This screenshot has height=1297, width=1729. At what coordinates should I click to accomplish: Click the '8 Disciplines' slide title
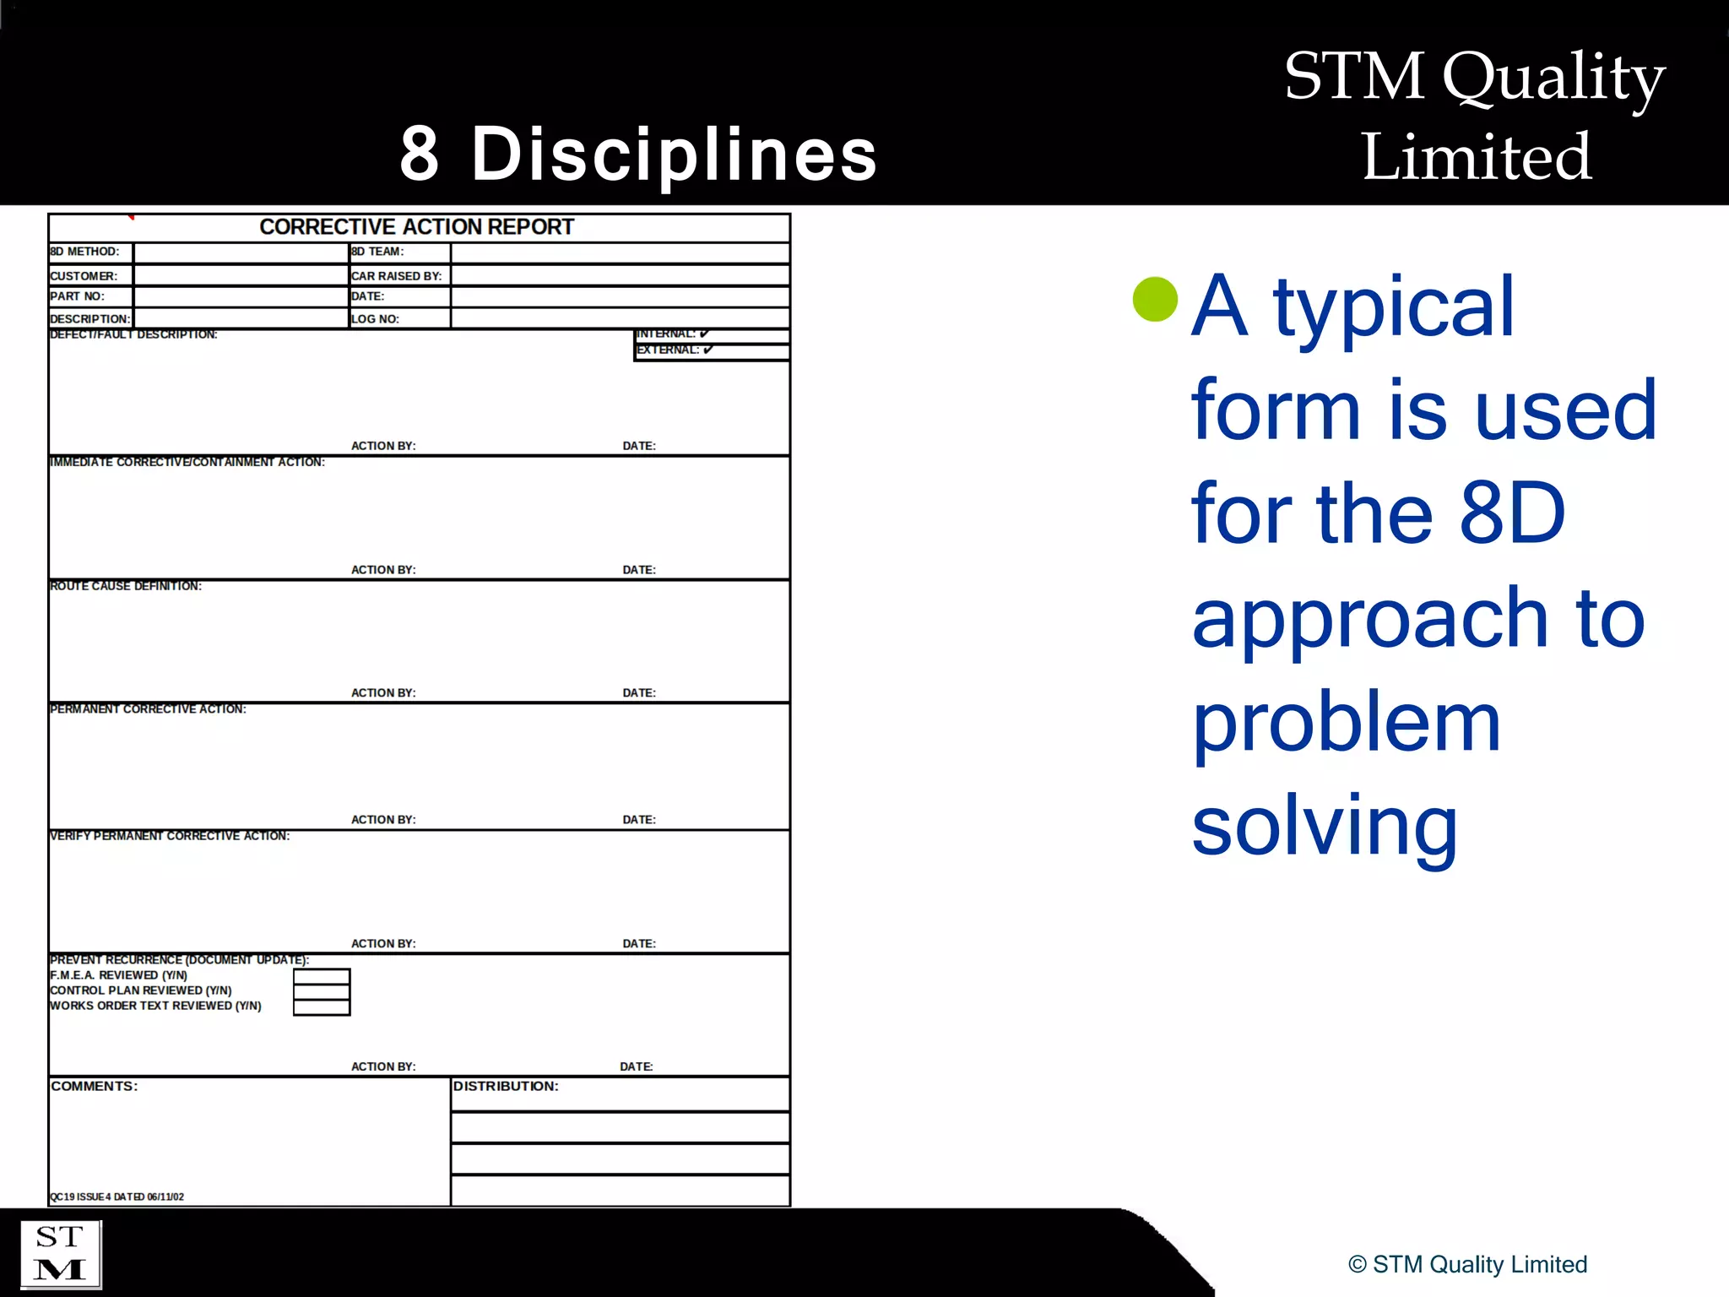click(638, 154)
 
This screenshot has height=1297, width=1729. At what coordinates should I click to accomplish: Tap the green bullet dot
click(1155, 299)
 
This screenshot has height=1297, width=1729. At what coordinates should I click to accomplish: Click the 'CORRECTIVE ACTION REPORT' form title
click(416, 227)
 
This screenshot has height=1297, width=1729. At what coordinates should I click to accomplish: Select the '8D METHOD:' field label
click(84, 252)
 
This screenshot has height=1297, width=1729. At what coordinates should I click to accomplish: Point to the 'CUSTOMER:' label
click(84, 276)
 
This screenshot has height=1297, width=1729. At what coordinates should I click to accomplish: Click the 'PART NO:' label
click(77, 296)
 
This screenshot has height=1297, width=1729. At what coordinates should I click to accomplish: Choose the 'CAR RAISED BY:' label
click(396, 276)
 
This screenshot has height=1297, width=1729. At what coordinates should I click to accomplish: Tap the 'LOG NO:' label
click(375, 319)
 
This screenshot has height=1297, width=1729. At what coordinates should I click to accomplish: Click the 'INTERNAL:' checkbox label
click(666, 334)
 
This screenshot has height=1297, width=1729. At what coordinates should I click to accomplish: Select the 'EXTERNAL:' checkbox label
click(668, 350)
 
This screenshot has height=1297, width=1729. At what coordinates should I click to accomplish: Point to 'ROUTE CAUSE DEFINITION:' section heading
click(126, 586)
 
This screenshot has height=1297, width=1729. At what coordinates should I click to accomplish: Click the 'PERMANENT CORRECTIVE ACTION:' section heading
click(148, 709)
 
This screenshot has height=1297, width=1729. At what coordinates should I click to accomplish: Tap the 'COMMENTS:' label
click(94, 1086)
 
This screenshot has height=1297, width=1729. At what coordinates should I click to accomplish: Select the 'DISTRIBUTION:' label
click(506, 1086)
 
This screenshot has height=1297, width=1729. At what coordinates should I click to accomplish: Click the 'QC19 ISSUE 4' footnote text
click(117, 1197)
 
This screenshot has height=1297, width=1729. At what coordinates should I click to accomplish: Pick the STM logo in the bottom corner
click(60, 1254)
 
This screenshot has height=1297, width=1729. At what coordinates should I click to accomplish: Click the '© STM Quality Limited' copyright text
click(1467, 1264)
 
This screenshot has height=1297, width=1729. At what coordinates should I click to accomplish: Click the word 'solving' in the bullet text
click(1325, 826)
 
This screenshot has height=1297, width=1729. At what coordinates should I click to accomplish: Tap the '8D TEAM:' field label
click(377, 252)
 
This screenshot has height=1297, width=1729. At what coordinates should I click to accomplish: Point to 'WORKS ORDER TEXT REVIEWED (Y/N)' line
click(155, 1006)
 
